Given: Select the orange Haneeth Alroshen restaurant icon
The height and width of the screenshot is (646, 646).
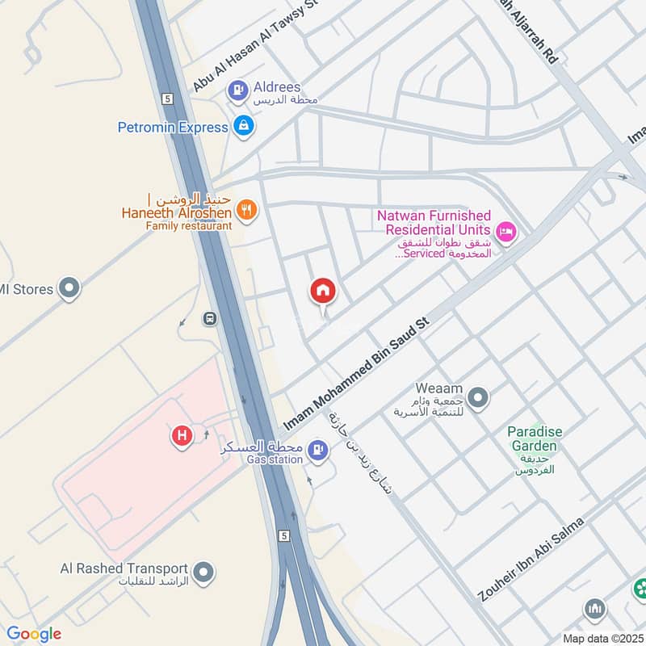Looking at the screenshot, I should tap(247, 211).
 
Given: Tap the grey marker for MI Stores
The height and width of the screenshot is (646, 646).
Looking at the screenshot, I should tap(70, 287).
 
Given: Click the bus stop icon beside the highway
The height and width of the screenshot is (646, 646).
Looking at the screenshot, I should tap(210, 318).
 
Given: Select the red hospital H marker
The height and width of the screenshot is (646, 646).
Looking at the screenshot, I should tap(182, 436).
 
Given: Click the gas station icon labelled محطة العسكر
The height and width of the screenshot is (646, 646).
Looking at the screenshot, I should tap(318, 451).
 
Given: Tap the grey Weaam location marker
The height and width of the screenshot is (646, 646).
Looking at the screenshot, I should tap(479, 397).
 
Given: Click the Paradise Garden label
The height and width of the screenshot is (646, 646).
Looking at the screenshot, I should tap(534, 438).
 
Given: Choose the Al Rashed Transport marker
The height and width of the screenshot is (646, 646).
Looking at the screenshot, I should tap(205, 573).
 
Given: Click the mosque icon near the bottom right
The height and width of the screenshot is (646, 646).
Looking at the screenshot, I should tap(595, 608).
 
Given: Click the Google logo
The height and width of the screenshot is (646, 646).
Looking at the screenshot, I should tap(34, 633).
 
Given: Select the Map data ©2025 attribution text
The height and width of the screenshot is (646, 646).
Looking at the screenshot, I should tap(602, 638).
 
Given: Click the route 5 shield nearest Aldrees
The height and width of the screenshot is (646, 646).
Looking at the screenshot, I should tap(168, 99).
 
